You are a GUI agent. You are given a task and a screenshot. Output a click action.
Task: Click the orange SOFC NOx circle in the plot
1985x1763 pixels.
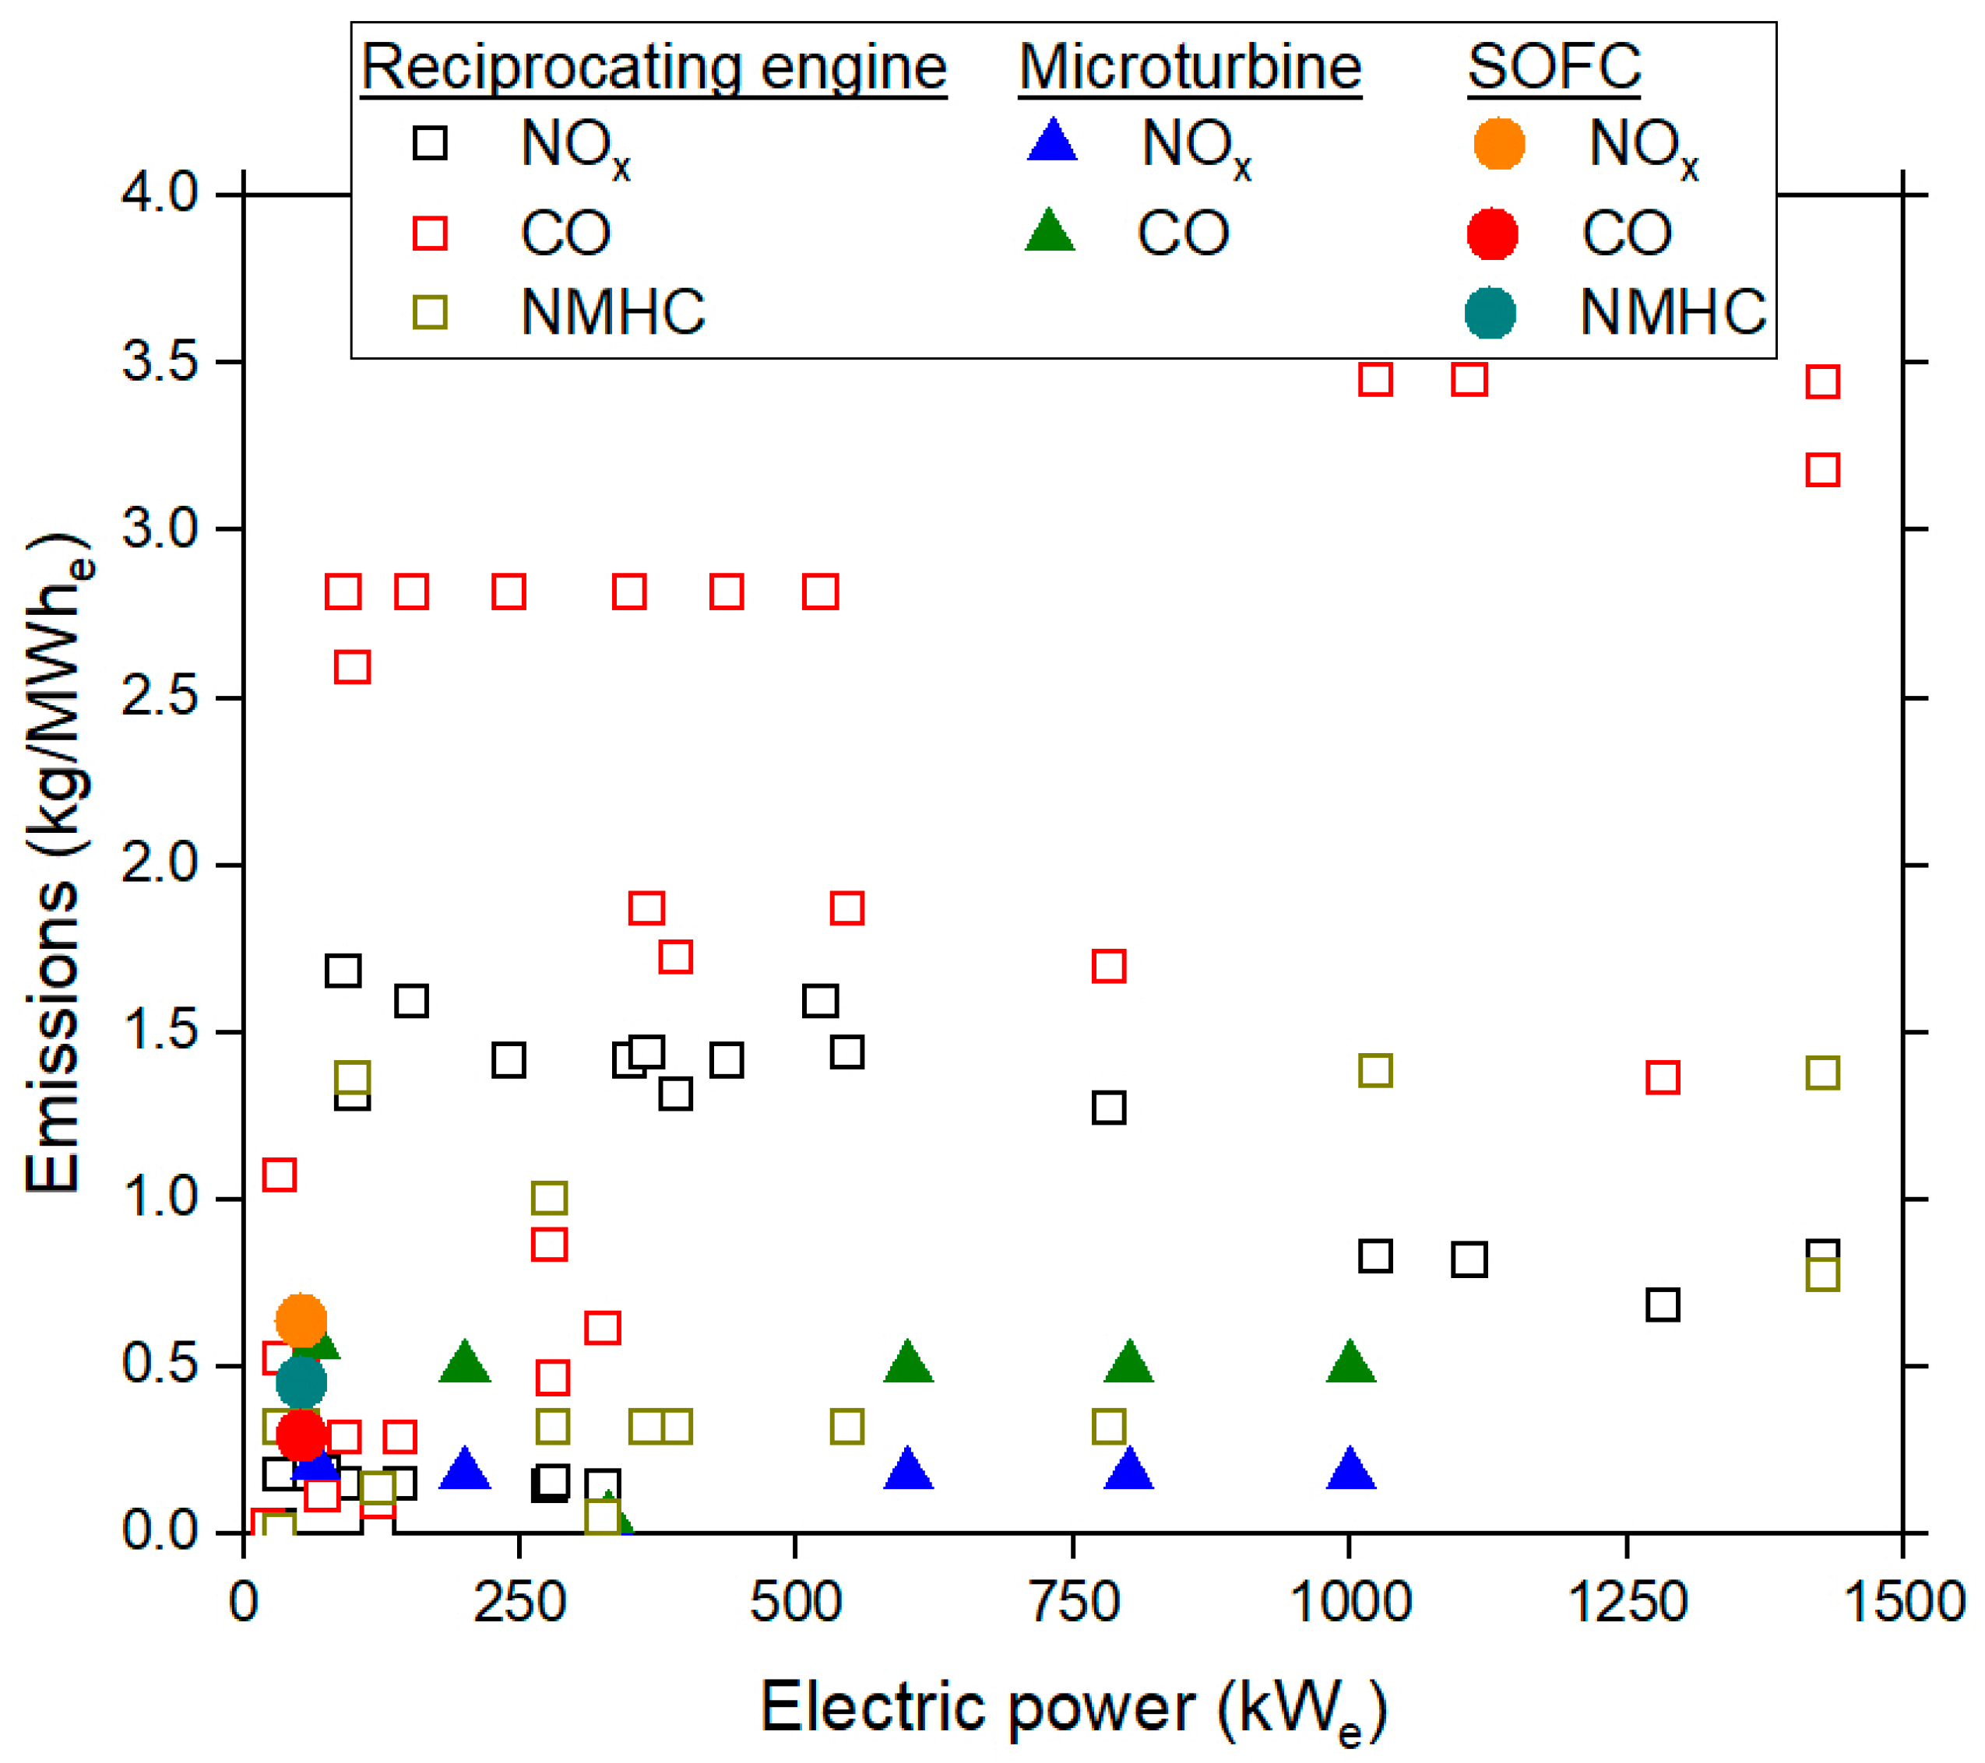coord(301,1320)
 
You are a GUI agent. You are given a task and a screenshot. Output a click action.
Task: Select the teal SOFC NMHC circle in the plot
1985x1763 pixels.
coord(301,1382)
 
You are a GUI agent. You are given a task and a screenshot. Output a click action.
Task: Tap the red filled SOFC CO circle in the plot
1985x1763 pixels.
coord(301,1434)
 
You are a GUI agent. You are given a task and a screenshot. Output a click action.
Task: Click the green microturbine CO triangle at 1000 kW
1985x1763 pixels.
coord(1350,1364)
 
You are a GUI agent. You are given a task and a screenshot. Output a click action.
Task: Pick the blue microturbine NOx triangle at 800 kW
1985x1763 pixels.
coord(1128,1472)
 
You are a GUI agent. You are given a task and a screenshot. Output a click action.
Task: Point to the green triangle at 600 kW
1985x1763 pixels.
coord(908,1364)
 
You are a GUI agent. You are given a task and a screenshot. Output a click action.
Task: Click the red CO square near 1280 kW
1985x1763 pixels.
coord(1663,1077)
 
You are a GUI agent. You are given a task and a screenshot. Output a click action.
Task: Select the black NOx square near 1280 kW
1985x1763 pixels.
coord(1663,1305)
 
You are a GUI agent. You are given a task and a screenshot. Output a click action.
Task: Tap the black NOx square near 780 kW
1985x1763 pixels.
coord(1109,1108)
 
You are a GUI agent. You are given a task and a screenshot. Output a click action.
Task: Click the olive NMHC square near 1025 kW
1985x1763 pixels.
coord(1375,1071)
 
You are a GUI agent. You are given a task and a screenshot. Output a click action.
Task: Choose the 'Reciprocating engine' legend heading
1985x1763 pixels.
coord(653,68)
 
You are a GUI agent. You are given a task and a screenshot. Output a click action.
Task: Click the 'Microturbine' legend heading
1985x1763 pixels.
coord(1190,68)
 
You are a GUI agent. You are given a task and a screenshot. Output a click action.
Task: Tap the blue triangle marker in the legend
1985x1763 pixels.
coord(1053,142)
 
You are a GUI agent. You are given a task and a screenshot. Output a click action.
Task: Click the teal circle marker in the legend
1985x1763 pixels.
coord(1490,313)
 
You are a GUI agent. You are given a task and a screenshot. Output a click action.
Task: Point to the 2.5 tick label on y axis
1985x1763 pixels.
coord(160,697)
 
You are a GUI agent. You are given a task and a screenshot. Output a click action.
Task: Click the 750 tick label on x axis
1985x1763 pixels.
coord(1074,1603)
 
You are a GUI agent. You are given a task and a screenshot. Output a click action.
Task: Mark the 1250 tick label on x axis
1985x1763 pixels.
coord(1628,1603)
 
